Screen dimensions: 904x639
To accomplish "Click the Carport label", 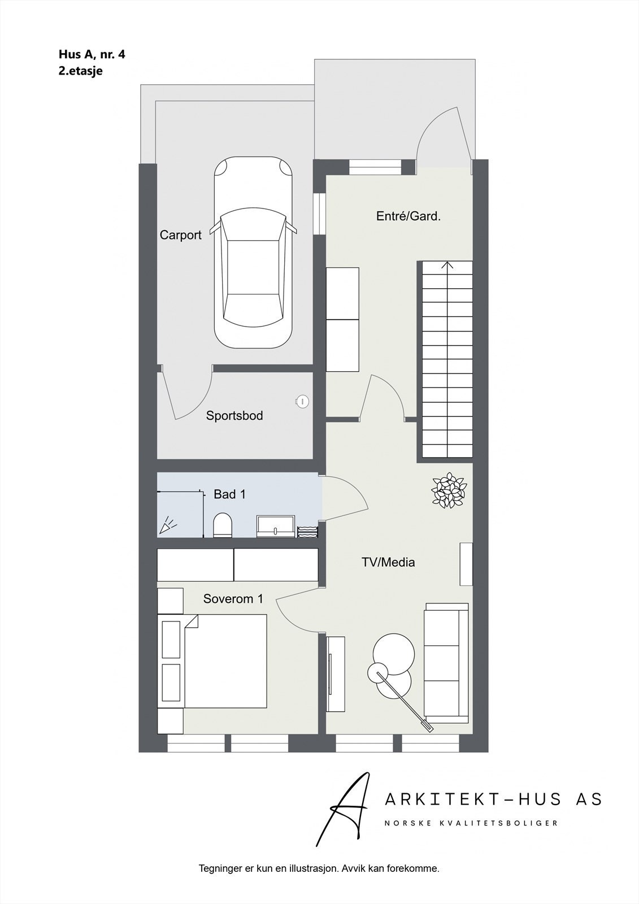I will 180,235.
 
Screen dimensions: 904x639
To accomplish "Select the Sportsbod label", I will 234,416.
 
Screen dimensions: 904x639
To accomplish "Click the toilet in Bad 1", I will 223,525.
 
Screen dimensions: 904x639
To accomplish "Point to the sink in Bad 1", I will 276,525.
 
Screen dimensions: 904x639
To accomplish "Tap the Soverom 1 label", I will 233,599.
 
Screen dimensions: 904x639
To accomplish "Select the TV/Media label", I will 388,562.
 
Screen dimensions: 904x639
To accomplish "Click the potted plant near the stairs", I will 449,490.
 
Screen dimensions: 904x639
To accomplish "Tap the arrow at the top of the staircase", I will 447,265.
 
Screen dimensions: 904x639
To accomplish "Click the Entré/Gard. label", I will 408,216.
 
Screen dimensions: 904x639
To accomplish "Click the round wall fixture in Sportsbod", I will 302,401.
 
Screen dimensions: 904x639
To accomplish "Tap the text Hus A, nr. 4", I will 92,54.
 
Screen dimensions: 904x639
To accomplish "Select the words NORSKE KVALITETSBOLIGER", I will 471,823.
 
